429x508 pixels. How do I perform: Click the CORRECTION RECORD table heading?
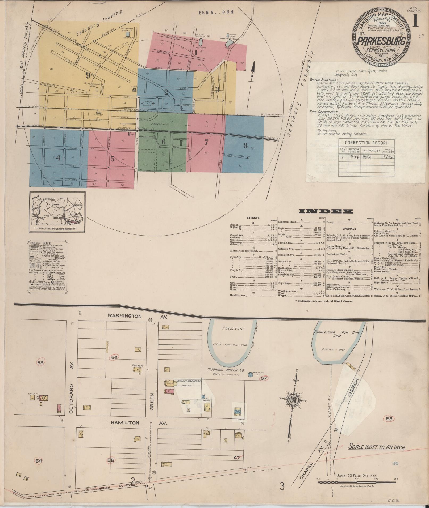(367, 143)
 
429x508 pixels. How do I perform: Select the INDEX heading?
(326, 211)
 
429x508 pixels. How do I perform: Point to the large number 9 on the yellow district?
(88, 76)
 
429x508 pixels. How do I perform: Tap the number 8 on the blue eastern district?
(245, 146)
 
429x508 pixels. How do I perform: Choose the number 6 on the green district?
(164, 142)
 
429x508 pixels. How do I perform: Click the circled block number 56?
(114, 357)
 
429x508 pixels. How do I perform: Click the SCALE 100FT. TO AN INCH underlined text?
(377, 447)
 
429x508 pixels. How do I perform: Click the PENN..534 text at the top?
(216, 12)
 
